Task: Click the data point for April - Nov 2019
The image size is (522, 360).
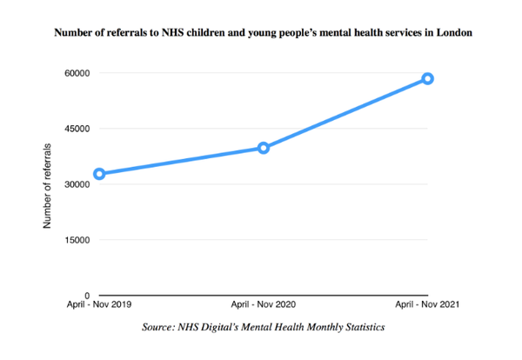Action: pyautogui.click(x=100, y=174)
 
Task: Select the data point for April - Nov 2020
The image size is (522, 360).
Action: pyautogui.click(x=264, y=148)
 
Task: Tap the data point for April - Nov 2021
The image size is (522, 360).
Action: pyautogui.click(x=427, y=79)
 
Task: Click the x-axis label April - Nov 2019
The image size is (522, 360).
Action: pyautogui.click(x=100, y=305)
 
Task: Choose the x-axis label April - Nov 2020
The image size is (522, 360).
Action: pyautogui.click(x=264, y=305)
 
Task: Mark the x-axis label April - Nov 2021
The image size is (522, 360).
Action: pyautogui.click(x=426, y=305)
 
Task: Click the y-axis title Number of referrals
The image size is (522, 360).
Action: pyautogui.click(x=48, y=185)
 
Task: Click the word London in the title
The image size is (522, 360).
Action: pyautogui.click(x=455, y=33)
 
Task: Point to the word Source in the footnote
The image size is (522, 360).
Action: pyautogui.click(x=159, y=327)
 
